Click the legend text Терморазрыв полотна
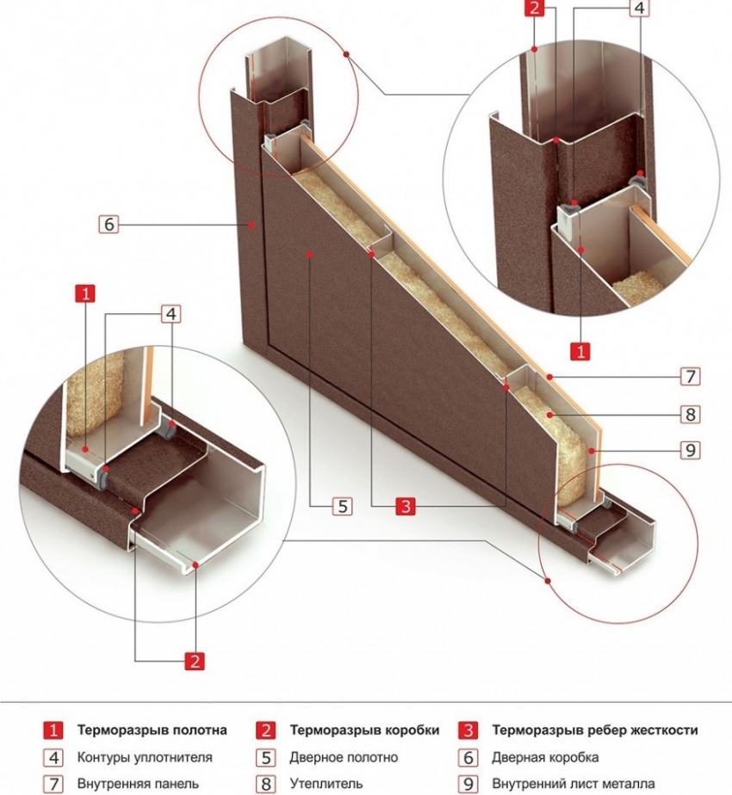tap(152, 730)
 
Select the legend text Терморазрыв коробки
tap(363, 730)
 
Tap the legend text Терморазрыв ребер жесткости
tap(594, 730)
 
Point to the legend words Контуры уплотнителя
tap(144, 757)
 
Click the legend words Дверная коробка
tap(544, 757)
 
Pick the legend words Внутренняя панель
tap(138, 784)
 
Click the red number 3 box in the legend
tap(468, 730)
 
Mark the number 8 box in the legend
tap(266, 784)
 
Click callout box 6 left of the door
tap(108, 225)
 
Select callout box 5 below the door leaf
tap(342, 506)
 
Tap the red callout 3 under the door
tap(405, 506)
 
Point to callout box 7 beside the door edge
tap(690, 376)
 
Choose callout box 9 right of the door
tap(690, 449)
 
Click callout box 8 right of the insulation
tap(690, 414)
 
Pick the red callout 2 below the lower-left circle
tap(195, 661)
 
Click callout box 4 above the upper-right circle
tap(638, 9)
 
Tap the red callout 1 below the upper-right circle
tap(581, 350)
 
